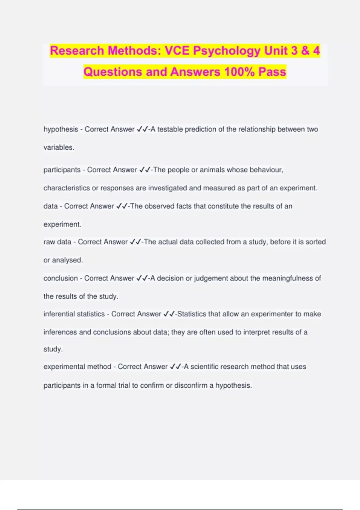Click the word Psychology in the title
(227, 51)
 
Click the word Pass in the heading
(272, 72)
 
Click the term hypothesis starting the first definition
(61, 129)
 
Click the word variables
(58, 147)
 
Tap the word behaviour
(266, 170)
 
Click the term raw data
(57, 242)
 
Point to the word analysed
(67, 260)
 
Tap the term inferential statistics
(74, 314)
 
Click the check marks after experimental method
(175, 367)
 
